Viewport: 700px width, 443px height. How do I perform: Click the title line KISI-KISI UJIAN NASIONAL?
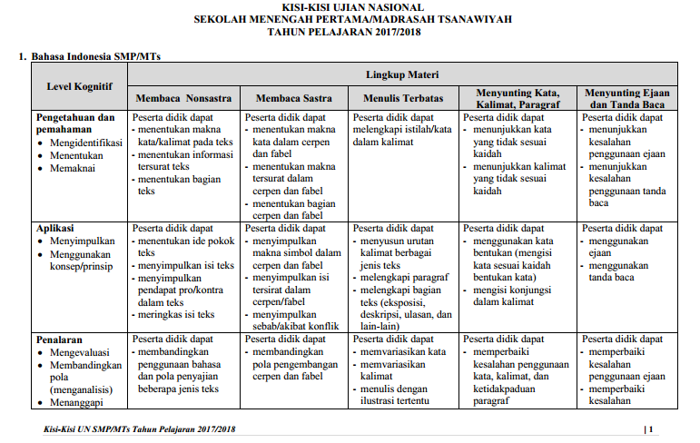[x=351, y=7]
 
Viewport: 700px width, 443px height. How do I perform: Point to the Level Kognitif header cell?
[x=79, y=86]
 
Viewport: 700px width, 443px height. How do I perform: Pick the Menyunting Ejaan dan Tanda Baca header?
[x=624, y=98]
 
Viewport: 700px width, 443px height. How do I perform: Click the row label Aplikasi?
[x=55, y=228]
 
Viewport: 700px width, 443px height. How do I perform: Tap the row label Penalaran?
[x=59, y=340]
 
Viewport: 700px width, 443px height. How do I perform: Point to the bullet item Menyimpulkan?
[x=83, y=241]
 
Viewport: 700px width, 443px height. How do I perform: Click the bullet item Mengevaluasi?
[x=82, y=352]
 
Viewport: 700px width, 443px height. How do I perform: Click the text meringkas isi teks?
[x=176, y=314]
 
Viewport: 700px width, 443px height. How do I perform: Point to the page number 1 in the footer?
[x=650, y=428]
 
